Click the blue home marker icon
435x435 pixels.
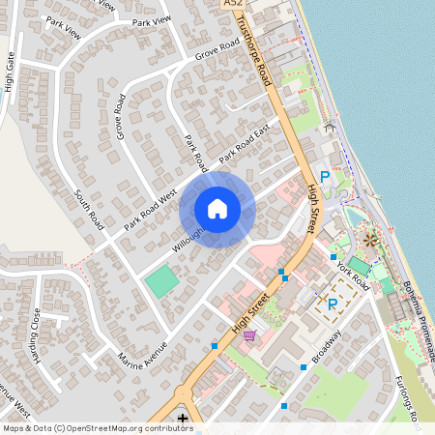(217, 209)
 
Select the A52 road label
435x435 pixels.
(232, 5)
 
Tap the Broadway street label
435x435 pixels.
(327, 345)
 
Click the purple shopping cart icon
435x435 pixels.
(250, 335)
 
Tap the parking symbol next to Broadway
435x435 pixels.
(333, 306)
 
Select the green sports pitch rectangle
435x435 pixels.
(161, 282)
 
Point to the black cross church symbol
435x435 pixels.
(183, 418)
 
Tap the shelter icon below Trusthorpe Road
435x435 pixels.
(331, 127)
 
